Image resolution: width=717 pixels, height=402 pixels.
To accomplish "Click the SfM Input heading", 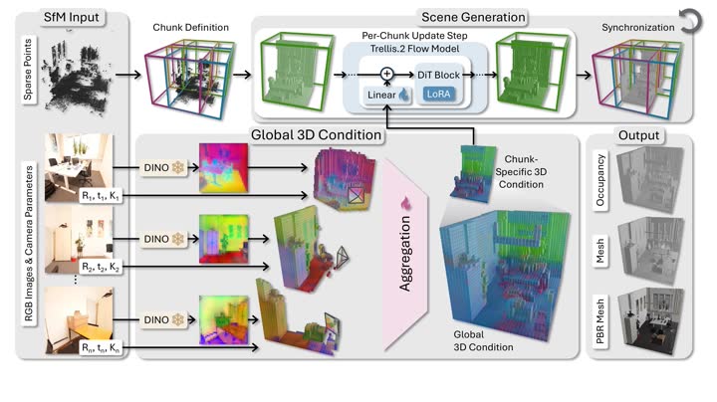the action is [71, 17].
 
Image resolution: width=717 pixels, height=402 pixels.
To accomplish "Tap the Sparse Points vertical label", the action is [28, 69].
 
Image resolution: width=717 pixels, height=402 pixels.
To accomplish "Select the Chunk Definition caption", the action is [190, 28].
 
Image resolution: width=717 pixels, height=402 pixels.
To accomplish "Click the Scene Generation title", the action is [473, 17].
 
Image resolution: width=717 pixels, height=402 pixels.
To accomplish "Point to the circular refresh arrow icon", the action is [690, 22].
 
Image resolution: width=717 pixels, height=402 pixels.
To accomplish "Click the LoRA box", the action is [438, 95].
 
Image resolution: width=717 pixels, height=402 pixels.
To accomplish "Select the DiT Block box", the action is [438, 75].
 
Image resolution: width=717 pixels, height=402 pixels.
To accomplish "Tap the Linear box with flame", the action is [387, 95].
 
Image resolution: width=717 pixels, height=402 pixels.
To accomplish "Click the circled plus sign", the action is [386, 74].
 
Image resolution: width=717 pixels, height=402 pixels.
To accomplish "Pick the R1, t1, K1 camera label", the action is [101, 196].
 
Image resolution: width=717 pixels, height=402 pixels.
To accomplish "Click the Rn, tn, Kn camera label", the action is [101, 348].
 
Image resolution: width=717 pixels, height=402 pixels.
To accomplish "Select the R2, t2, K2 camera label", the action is [101, 267].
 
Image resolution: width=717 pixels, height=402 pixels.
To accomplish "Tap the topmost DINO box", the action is [163, 167].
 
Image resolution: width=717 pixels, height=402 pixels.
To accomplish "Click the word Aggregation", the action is [405, 254].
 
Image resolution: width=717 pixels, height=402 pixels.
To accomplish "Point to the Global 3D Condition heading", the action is [316, 134].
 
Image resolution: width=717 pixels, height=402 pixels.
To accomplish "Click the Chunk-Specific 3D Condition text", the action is [521, 172].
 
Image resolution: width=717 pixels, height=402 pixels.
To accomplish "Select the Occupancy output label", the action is [599, 180].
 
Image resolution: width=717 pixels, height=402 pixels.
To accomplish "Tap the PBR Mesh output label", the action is [599, 321].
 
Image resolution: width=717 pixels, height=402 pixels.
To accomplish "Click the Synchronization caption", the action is [638, 28].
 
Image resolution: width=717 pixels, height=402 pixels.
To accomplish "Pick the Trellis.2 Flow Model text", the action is [414, 49].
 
